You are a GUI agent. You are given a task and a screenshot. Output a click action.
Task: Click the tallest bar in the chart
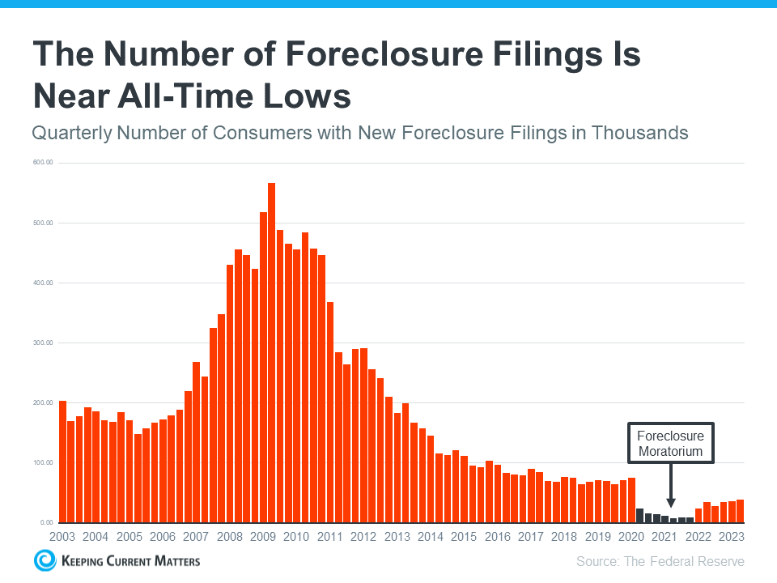click(x=272, y=352)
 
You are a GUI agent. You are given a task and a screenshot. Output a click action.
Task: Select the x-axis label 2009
click(x=264, y=537)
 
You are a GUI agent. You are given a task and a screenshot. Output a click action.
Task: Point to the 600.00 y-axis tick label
click(x=43, y=163)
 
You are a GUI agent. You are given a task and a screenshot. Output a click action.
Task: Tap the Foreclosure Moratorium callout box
click(x=670, y=443)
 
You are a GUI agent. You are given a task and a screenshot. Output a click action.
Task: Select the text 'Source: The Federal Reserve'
click(x=660, y=561)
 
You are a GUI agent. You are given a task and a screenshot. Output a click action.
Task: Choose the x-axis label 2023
click(x=731, y=537)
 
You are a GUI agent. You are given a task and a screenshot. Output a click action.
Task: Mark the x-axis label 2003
click(x=62, y=537)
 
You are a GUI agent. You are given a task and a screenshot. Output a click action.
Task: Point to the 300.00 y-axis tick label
click(x=43, y=343)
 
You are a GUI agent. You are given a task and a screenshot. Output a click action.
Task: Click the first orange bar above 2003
click(x=62, y=462)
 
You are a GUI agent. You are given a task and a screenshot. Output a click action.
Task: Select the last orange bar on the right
click(x=740, y=511)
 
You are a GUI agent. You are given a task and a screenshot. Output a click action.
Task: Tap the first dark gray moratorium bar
click(x=639, y=515)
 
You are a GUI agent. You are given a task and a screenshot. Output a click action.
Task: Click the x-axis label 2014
click(x=431, y=537)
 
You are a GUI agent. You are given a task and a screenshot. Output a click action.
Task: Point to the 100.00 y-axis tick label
click(x=43, y=462)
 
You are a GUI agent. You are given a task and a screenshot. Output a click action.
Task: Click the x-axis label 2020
click(x=631, y=537)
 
